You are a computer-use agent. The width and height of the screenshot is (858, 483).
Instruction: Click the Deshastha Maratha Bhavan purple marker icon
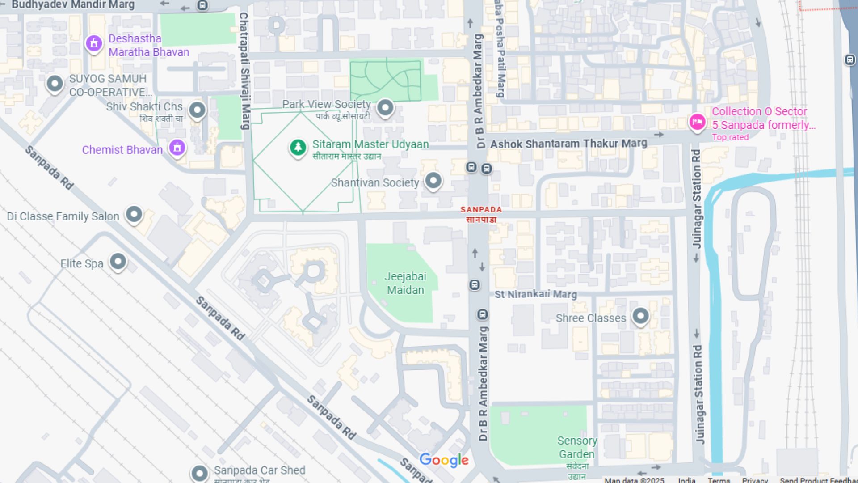point(94,44)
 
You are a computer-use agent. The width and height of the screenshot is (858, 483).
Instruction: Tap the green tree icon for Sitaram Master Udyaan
point(298,147)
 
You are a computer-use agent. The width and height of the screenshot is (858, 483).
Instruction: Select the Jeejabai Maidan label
point(405,283)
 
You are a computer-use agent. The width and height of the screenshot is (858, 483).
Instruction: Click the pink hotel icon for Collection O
point(697,122)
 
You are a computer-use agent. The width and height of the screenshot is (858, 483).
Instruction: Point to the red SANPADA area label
point(481,214)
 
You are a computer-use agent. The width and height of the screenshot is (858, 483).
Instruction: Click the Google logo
point(444,460)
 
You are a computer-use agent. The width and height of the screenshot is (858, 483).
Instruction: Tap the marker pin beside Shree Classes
point(640,316)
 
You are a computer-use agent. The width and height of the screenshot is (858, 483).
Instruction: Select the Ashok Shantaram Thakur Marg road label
point(568,144)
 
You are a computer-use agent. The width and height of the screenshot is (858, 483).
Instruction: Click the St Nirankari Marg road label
point(535,294)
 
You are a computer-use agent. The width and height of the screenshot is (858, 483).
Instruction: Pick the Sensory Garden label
point(577,447)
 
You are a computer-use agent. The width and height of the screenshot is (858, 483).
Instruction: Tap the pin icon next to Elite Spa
point(118,261)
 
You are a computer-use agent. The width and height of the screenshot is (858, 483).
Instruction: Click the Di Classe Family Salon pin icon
point(134,214)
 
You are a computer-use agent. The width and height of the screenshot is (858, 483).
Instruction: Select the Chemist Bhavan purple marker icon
point(177,147)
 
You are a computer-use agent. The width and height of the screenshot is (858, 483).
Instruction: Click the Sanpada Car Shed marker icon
point(199,473)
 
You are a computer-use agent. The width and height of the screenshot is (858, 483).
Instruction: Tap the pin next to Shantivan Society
point(433,181)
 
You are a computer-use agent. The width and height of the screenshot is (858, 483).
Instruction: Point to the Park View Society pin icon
point(385,107)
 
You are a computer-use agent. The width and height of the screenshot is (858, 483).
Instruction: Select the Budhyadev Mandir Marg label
point(73,5)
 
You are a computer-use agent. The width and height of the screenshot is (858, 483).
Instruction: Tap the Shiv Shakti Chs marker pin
point(197,110)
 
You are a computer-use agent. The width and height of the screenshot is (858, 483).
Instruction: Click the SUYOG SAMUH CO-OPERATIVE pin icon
point(55,83)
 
